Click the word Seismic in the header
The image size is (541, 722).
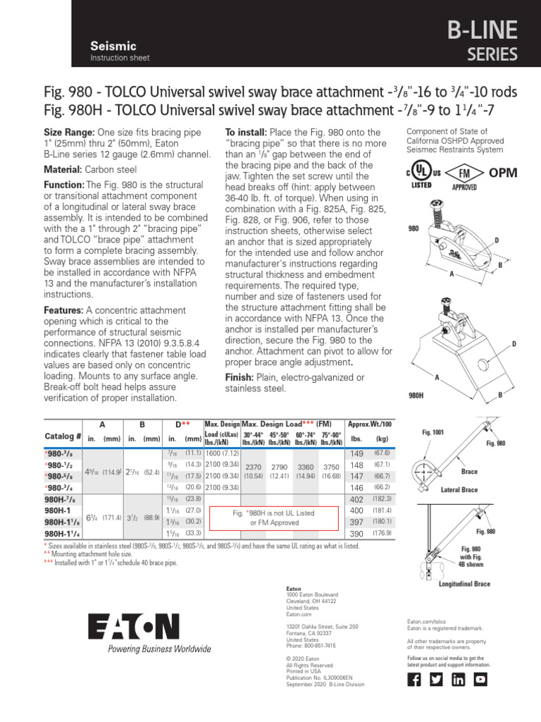(x=113, y=45)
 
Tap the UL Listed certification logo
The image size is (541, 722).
(x=420, y=174)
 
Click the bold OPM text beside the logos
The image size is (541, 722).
(x=503, y=173)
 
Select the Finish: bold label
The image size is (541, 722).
(x=243, y=377)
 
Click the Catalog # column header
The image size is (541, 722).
(x=63, y=436)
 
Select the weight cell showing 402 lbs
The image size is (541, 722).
(x=356, y=498)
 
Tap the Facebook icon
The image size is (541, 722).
(x=415, y=679)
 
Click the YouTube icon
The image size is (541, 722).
(x=480, y=679)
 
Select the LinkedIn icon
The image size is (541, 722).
(x=458, y=679)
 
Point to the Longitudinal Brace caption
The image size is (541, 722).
(x=464, y=584)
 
